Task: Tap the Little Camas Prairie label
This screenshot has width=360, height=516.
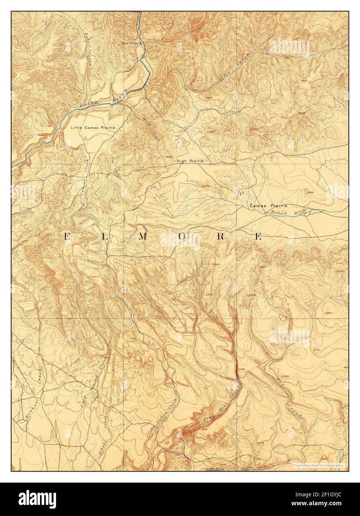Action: [x=93, y=127]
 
